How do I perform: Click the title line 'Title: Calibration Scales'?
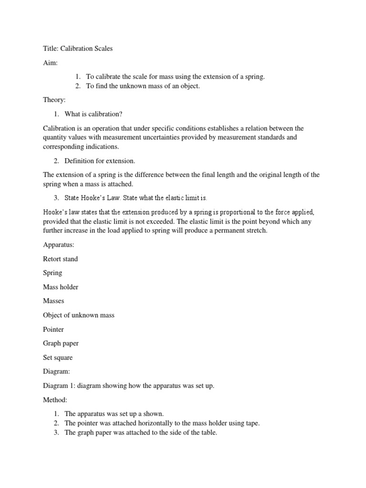click(x=78, y=49)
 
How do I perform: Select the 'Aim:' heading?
click(x=50, y=62)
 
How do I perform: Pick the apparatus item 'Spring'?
click(x=52, y=273)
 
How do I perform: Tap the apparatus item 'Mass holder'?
click(x=61, y=287)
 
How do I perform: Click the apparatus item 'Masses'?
click(x=53, y=301)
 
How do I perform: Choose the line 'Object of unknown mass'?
click(x=79, y=315)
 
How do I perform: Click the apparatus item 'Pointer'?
click(x=53, y=329)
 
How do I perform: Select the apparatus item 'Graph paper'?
click(x=60, y=343)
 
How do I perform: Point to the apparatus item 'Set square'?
click(x=58, y=357)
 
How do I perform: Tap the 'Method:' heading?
click(x=55, y=399)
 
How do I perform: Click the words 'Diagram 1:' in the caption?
click(x=59, y=386)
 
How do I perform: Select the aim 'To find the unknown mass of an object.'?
click(x=142, y=86)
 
